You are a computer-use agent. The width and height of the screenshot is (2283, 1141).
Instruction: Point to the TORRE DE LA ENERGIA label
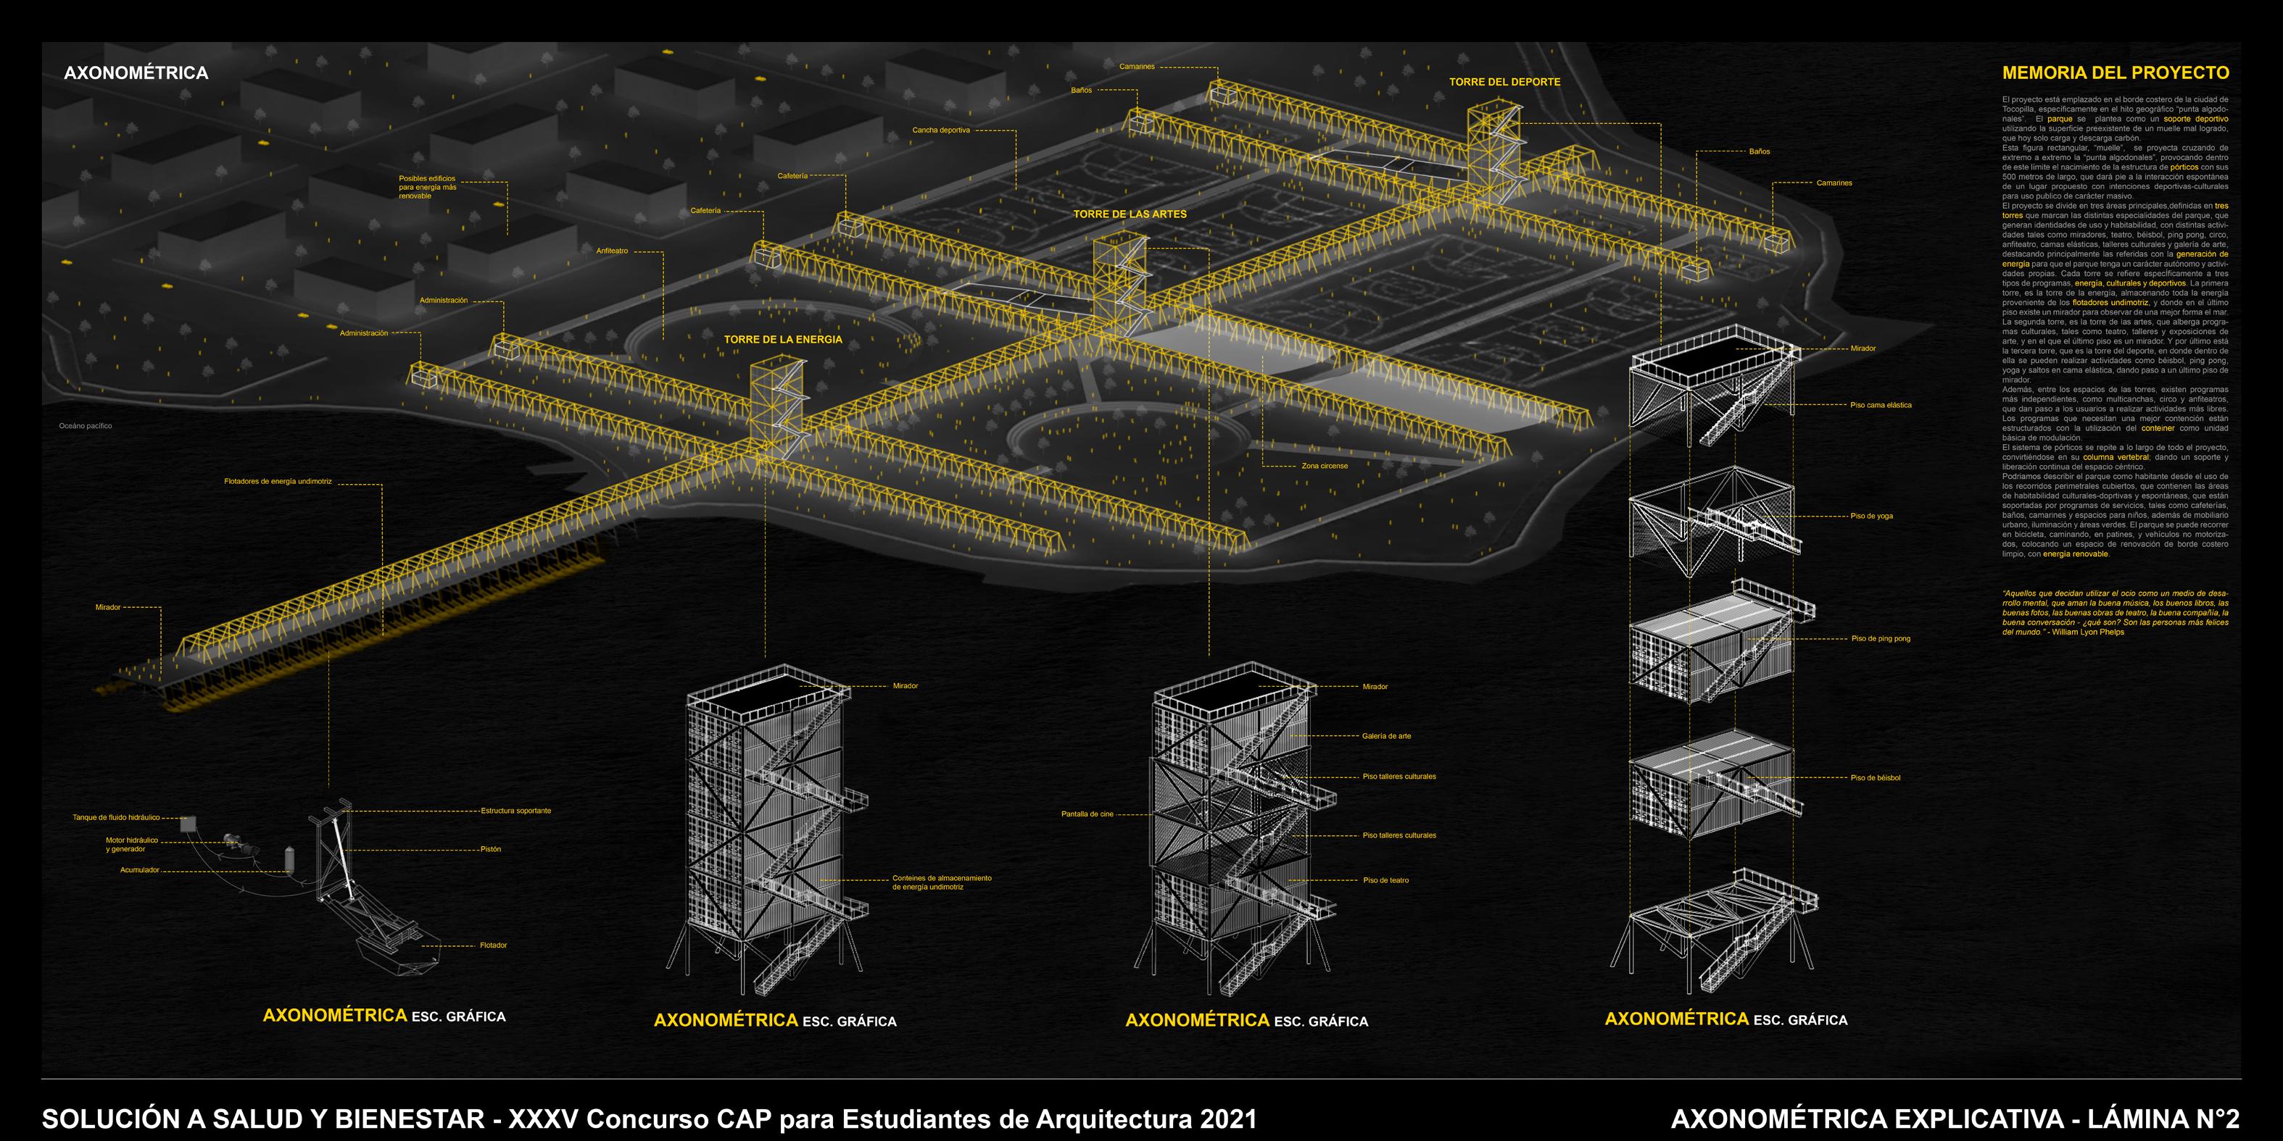tap(782, 339)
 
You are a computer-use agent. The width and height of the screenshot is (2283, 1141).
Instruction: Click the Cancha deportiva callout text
tap(941, 130)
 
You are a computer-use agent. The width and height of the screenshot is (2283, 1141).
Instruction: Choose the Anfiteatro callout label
tap(611, 251)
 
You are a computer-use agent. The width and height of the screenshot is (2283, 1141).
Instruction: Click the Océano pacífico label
tap(86, 426)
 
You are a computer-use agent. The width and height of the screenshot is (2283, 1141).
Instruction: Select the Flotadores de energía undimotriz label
tap(278, 482)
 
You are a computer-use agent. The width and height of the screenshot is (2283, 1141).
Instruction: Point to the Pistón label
tap(491, 848)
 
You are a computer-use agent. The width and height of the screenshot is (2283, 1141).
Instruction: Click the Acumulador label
tap(140, 870)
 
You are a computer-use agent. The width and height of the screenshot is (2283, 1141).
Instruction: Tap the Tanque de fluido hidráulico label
tap(116, 818)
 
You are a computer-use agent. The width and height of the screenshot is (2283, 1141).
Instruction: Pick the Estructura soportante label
tap(515, 811)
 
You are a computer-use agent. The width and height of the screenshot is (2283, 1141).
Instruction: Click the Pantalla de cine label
tap(1087, 814)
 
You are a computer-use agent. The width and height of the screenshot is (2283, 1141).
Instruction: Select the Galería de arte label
tap(1386, 736)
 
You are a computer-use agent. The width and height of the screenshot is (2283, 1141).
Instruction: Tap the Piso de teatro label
tap(1385, 880)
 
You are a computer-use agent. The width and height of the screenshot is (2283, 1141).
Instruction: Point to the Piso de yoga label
tap(1872, 516)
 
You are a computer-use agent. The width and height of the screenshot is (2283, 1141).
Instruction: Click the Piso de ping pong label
tap(1881, 639)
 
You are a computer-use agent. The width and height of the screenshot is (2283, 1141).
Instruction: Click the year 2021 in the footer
tap(1227, 1119)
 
